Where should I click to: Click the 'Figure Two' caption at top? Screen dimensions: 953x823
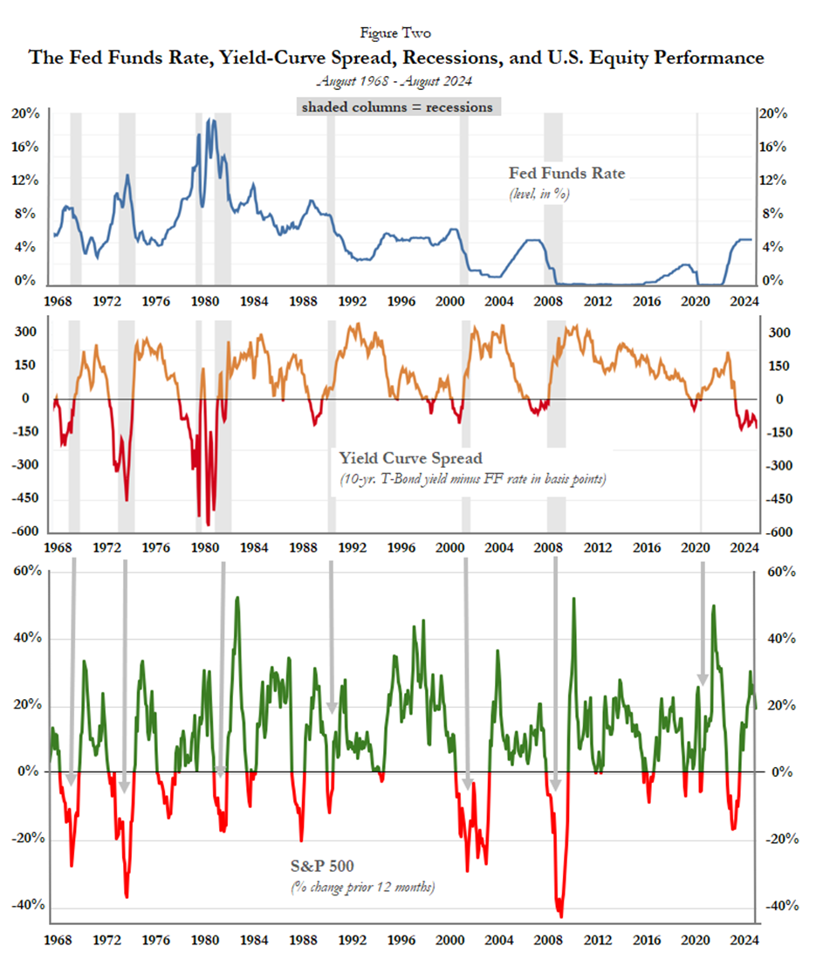tap(395, 32)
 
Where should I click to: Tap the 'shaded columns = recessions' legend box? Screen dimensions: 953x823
tap(396, 107)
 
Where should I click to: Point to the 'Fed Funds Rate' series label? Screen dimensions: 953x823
tap(567, 174)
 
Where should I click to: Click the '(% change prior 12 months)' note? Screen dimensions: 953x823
tap(362, 888)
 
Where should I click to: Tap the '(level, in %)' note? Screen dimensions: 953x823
tap(539, 194)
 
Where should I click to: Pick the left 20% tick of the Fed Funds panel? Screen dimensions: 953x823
tap(24, 113)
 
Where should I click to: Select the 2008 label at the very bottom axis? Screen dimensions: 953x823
tap(547, 942)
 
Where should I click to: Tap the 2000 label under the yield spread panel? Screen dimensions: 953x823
tap(449, 547)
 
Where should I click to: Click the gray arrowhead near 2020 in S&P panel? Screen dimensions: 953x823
tap(703, 680)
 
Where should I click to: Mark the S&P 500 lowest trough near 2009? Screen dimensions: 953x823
tap(560, 916)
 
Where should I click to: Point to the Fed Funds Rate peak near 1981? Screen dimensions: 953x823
tap(210, 120)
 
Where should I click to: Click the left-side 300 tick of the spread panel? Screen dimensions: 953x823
tap(24, 333)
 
